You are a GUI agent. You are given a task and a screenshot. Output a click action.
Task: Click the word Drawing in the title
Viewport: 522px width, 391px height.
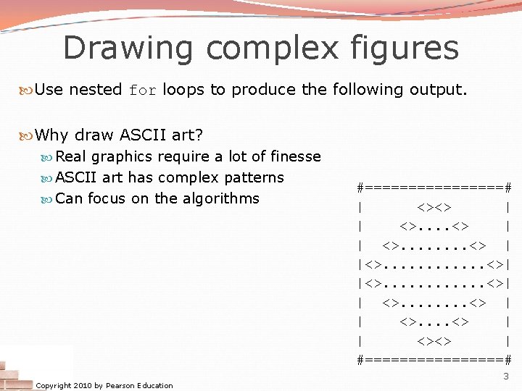(128, 49)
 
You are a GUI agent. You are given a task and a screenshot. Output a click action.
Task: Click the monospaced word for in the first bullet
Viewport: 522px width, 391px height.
(142, 91)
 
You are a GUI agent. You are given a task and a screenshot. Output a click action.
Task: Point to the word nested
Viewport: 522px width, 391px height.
(95, 90)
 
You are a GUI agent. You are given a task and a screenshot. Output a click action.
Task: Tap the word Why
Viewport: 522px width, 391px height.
(51, 135)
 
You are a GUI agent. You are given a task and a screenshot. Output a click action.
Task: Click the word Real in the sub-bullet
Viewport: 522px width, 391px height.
(72, 156)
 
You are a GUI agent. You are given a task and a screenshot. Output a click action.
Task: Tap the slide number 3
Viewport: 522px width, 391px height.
(506, 376)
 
